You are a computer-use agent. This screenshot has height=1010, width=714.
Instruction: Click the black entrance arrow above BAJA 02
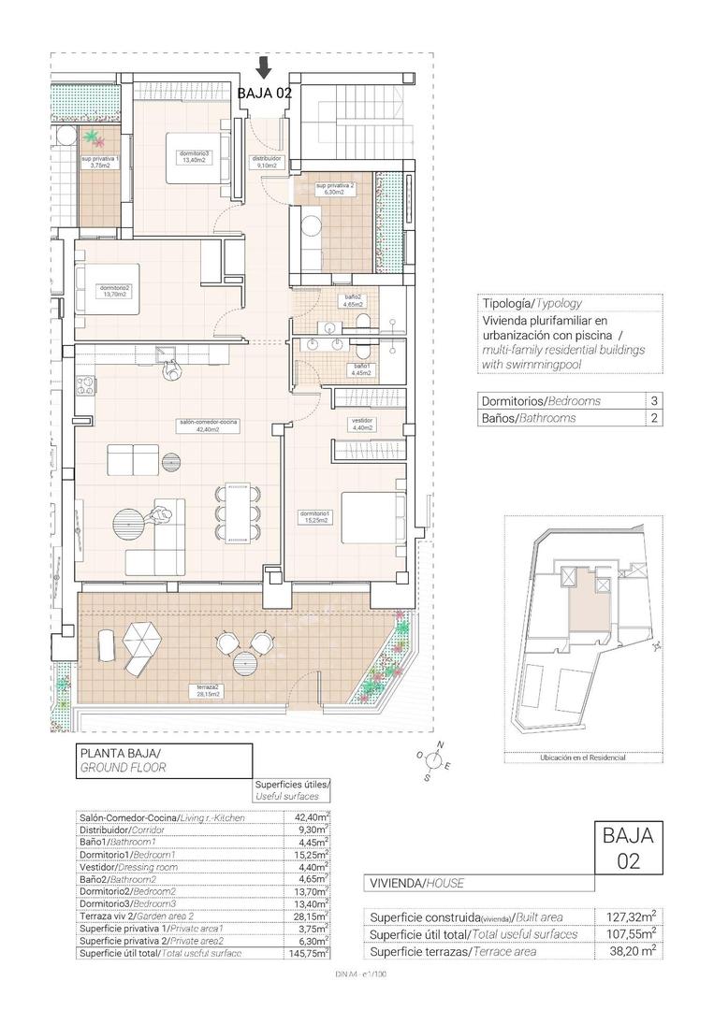[x=265, y=67]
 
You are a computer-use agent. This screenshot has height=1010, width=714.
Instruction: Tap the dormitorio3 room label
[x=195, y=156]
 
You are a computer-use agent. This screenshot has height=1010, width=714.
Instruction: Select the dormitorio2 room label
[x=114, y=291]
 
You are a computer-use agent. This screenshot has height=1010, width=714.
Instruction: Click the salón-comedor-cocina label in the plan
[x=209, y=426]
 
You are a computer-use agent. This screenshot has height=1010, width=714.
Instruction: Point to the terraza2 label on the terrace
[x=207, y=691]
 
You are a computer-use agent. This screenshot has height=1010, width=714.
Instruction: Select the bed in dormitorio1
[x=372, y=514]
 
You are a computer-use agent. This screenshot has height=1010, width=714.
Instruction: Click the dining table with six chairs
[x=237, y=512]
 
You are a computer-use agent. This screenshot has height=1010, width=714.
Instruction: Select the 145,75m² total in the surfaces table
[x=310, y=953]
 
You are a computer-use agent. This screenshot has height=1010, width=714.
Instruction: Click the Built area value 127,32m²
[x=634, y=916]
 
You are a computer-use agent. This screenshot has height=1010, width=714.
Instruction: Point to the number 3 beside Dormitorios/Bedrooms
[x=652, y=400]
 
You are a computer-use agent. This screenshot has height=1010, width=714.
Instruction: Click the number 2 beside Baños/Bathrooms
[x=652, y=418]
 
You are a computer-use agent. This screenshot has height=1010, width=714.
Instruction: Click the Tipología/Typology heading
[x=532, y=303]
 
